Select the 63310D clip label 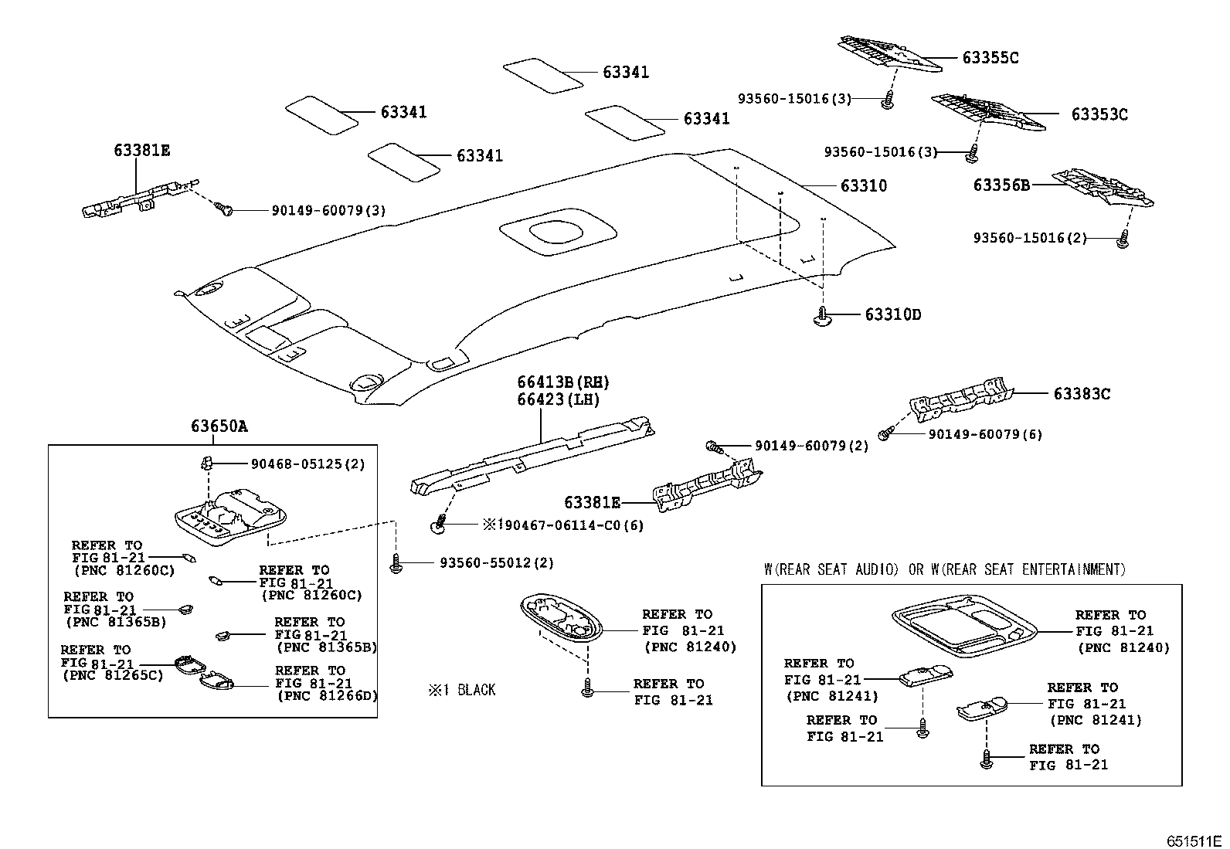[x=892, y=315]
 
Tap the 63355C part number [x=990, y=58]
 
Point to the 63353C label [x=1099, y=115]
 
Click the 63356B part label [x=1001, y=185]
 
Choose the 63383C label [x=1082, y=394]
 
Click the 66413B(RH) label [x=563, y=382]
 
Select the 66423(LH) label [x=559, y=400]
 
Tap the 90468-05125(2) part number [x=307, y=464]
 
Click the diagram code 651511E [x=1194, y=841]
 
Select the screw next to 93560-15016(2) [x=1122, y=241]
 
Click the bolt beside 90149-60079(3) [x=225, y=209]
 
